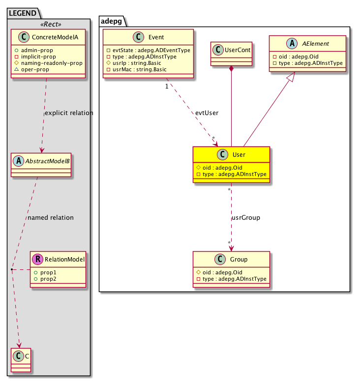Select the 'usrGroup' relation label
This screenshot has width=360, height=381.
pos(245,217)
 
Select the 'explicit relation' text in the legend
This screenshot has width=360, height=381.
pos(68,113)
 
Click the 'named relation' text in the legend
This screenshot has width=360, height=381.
pos(51,217)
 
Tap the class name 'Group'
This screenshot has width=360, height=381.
pos(239,259)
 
